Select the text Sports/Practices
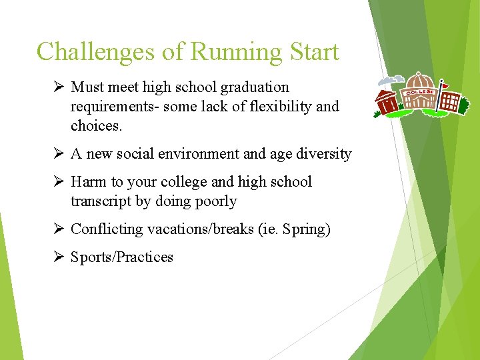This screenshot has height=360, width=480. (x=122, y=257)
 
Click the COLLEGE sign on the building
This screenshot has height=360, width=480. (x=420, y=91)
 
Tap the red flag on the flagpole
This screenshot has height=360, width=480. (x=445, y=86)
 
